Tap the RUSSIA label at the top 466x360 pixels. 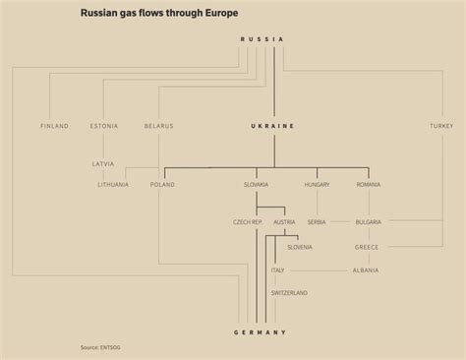click(x=262, y=38)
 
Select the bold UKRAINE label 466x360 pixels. click(x=272, y=126)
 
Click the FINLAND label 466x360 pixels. click(x=55, y=126)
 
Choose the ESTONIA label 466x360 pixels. click(x=103, y=126)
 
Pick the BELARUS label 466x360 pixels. click(x=158, y=126)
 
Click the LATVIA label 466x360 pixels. click(x=103, y=162)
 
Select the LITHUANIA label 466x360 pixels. click(x=114, y=184)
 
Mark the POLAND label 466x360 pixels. click(x=162, y=184)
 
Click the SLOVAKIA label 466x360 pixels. click(x=256, y=184)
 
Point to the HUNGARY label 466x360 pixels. click(x=317, y=184)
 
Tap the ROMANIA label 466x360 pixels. click(x=369, y=184)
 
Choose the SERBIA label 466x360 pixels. click(x=317, y=222)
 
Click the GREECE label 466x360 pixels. click(x=367, y=247)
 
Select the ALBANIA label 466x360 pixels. click(x=367, y=270)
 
